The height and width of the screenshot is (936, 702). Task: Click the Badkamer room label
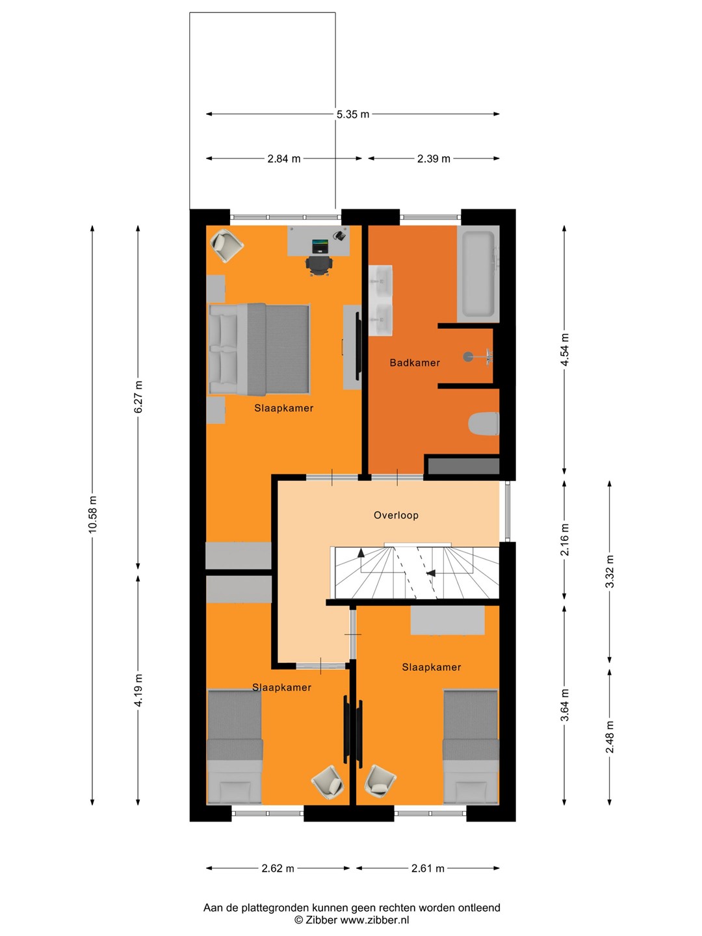pyautogui.click(x=414, y=363)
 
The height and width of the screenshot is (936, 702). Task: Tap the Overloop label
pyautogui.click(x=396, y=515)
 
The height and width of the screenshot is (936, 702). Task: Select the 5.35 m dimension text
pyautogui.click(x=353, y=114)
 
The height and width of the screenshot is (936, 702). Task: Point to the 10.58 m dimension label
pyautogui.click(x=92, y=514)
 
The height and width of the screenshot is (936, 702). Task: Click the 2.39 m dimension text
pyautogui.click(x=434, y=159)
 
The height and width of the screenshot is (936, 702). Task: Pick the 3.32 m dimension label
pyautogui.click(x=610, y=571)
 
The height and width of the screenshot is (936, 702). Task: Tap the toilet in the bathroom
pyautogui.click(x=484, y=423)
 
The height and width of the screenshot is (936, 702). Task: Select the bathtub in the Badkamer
pyautogui.click(x=478, y=274)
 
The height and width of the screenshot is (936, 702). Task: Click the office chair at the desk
pyautogui.click(x=318, y=265)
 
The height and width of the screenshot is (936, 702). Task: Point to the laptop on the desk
pyautogui.click(x=320, y=246)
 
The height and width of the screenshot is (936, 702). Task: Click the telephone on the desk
pyautogui.click(x=340, y=235)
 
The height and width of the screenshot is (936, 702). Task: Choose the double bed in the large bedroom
pyautogui.click(x=259, y=349)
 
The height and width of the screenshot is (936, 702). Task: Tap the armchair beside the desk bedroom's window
pyautogui.click(x=227, y=245)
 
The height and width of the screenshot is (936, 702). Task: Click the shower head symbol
pyautogui.click(x=469, y=356)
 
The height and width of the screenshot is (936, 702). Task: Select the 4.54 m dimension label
pyautogui.click(x=565, y=350)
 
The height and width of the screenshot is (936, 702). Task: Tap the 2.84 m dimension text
pyautogui.click(x=284, y=159)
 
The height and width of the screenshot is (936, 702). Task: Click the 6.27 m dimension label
pyautogui.click(x=138, y=397)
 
